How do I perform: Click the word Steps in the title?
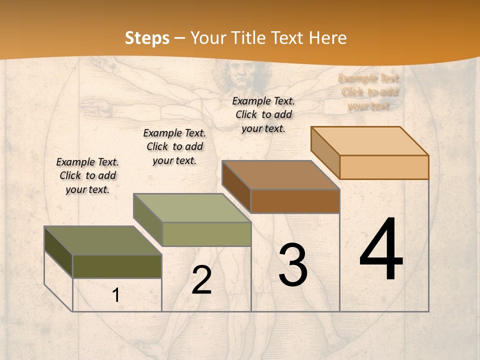[147, 38]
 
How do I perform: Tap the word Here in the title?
[327, 38]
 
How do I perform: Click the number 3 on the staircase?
[293, 264]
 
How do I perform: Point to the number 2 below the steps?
[201, 280]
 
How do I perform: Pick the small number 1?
[115, 295]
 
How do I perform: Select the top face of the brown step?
[280, 175]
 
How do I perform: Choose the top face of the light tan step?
[369, 141]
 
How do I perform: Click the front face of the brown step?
[295, 201]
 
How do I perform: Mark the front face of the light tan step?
[384, 167]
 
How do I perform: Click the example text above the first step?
[87, 175]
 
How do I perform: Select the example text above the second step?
[174, 146]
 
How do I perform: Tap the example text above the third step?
[263, 114]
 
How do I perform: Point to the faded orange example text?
[369, 92]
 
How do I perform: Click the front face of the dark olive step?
[117, 266]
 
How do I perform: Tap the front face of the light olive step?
[206, 234]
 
